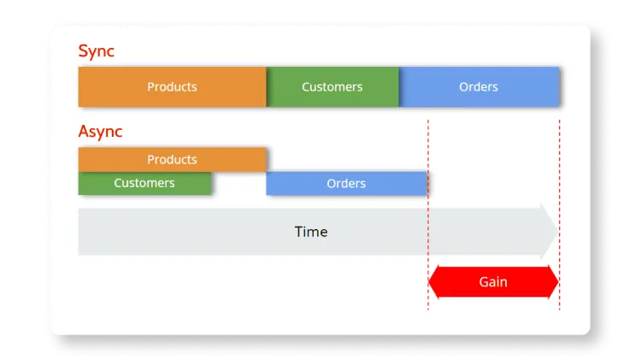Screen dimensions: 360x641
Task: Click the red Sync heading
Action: [x=96, y=51]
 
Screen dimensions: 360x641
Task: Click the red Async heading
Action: [x=100, y=132]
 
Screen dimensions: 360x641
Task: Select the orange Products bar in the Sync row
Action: [x=172, y=87]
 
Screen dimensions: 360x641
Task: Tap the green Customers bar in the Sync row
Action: [x=332, y=87]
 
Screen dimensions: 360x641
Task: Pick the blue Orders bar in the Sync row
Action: [x=479, y=87]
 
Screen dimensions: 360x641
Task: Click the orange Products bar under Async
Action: [x=172, y=160]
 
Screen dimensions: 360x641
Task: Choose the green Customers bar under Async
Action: [x=144, y=183]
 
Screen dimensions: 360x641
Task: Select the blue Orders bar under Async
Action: [x=346, y=184]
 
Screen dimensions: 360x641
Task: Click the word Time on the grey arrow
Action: [x=311, y=232]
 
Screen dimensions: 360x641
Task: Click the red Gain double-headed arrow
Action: [x=493, y=282]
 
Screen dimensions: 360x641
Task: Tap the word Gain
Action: [x=493, y=282]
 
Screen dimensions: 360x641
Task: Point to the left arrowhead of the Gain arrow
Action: [x=434, y=282]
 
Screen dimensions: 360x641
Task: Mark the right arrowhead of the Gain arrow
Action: [x=553, y=282]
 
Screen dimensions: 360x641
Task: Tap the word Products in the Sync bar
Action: [x=172, y=87]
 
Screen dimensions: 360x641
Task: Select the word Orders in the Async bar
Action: [x=346, y=184]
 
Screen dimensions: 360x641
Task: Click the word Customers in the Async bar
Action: [x=144, y=183]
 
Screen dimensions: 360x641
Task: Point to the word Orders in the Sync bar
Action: [x=479, y=87]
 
